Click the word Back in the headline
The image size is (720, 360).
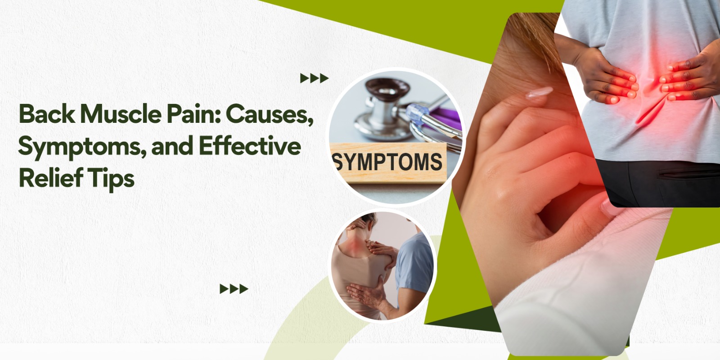pyautogui.click(x=47, y=114)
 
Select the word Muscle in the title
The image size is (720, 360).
pyautogui.click(x=121, y=114)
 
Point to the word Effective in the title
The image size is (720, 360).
pyautogui.click(x=250, y=146)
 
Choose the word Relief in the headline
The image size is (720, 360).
pyautogui.click(x=51, y=177)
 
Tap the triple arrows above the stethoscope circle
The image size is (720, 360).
pyautogui.click(x=314, y=78)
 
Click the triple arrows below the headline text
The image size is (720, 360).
pyautogui.click(x=234, y=289)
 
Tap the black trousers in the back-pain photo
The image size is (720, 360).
pyautogui.click(x=659, y=183)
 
